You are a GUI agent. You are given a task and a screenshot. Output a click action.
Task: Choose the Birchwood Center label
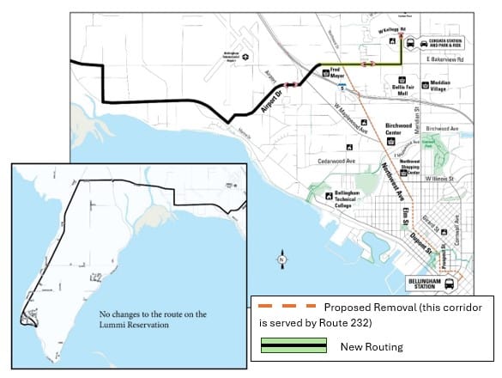(399, 128)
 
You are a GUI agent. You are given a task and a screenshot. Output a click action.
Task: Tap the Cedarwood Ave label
(311, 160)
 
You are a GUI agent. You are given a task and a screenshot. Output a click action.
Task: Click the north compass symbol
(281, 259)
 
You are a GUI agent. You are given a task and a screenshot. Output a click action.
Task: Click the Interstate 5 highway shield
(342, 86)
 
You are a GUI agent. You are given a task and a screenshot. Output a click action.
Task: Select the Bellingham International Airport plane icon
(246, 58)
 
